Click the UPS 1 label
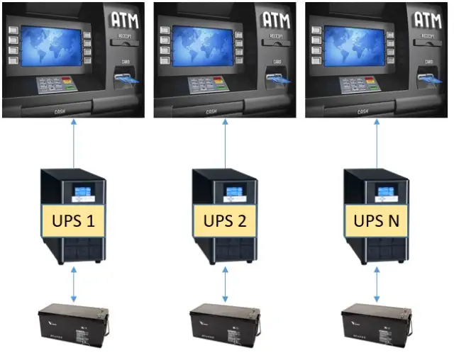74,221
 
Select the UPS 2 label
226,221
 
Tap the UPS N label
377,221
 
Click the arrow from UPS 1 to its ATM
74,142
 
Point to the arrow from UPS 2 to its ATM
226,142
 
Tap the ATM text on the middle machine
275,19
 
